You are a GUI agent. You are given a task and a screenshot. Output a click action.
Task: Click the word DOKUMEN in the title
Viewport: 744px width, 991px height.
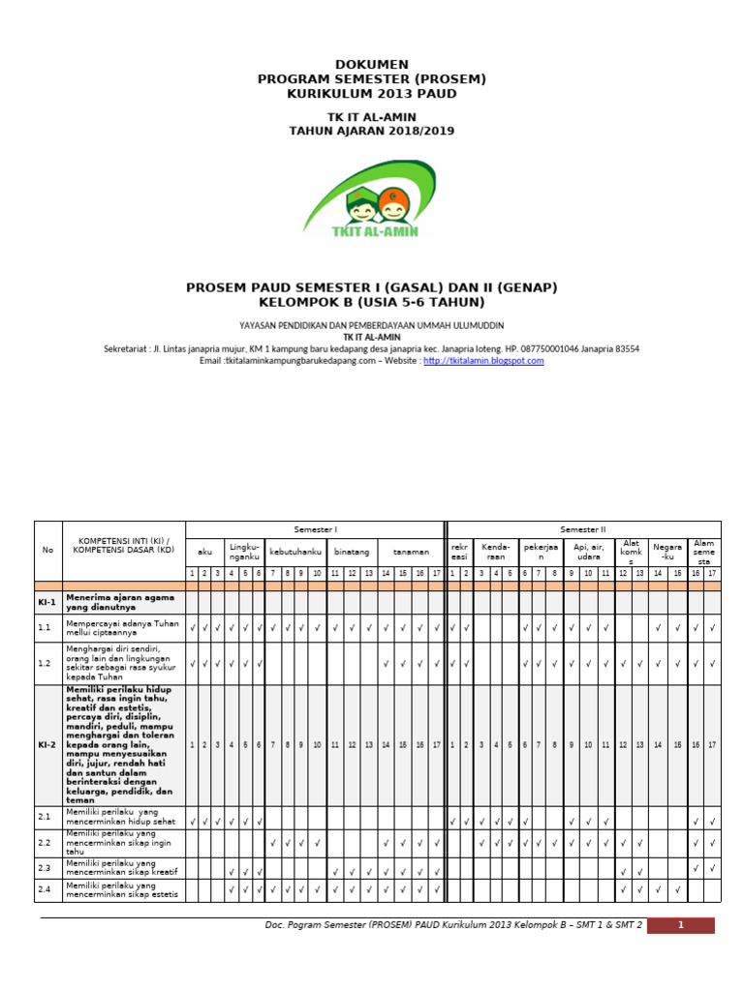371,64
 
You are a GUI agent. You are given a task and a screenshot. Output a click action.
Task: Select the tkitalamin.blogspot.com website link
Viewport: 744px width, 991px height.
483,360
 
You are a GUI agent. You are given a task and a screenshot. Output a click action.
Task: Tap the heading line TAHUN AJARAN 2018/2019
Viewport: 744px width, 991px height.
371,131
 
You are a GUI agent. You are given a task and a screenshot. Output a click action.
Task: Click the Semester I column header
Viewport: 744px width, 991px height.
315,529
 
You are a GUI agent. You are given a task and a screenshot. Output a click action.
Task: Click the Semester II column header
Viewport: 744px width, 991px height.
583,529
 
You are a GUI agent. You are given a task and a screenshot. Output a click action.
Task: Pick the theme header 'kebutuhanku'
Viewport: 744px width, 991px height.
296,552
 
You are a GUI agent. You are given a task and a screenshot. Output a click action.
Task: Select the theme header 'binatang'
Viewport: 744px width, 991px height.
352,552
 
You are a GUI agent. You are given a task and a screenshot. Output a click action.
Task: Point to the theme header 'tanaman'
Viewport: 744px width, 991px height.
410,552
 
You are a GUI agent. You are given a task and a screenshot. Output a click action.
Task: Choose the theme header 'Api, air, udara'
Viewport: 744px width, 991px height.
589,552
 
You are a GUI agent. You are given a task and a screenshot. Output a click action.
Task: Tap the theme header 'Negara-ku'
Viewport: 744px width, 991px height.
666,552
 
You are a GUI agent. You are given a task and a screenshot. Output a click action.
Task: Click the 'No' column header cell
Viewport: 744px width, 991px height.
47,550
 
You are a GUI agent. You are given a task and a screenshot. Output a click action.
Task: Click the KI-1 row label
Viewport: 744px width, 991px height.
47,602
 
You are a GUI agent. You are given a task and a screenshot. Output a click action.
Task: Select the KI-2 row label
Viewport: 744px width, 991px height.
47,744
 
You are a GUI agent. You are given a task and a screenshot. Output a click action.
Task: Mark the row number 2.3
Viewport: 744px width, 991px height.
44,868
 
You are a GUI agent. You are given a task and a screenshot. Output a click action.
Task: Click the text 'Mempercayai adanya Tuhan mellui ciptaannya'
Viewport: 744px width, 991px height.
122,628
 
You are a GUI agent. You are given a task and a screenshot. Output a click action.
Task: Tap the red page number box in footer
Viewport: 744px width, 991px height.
680,925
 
